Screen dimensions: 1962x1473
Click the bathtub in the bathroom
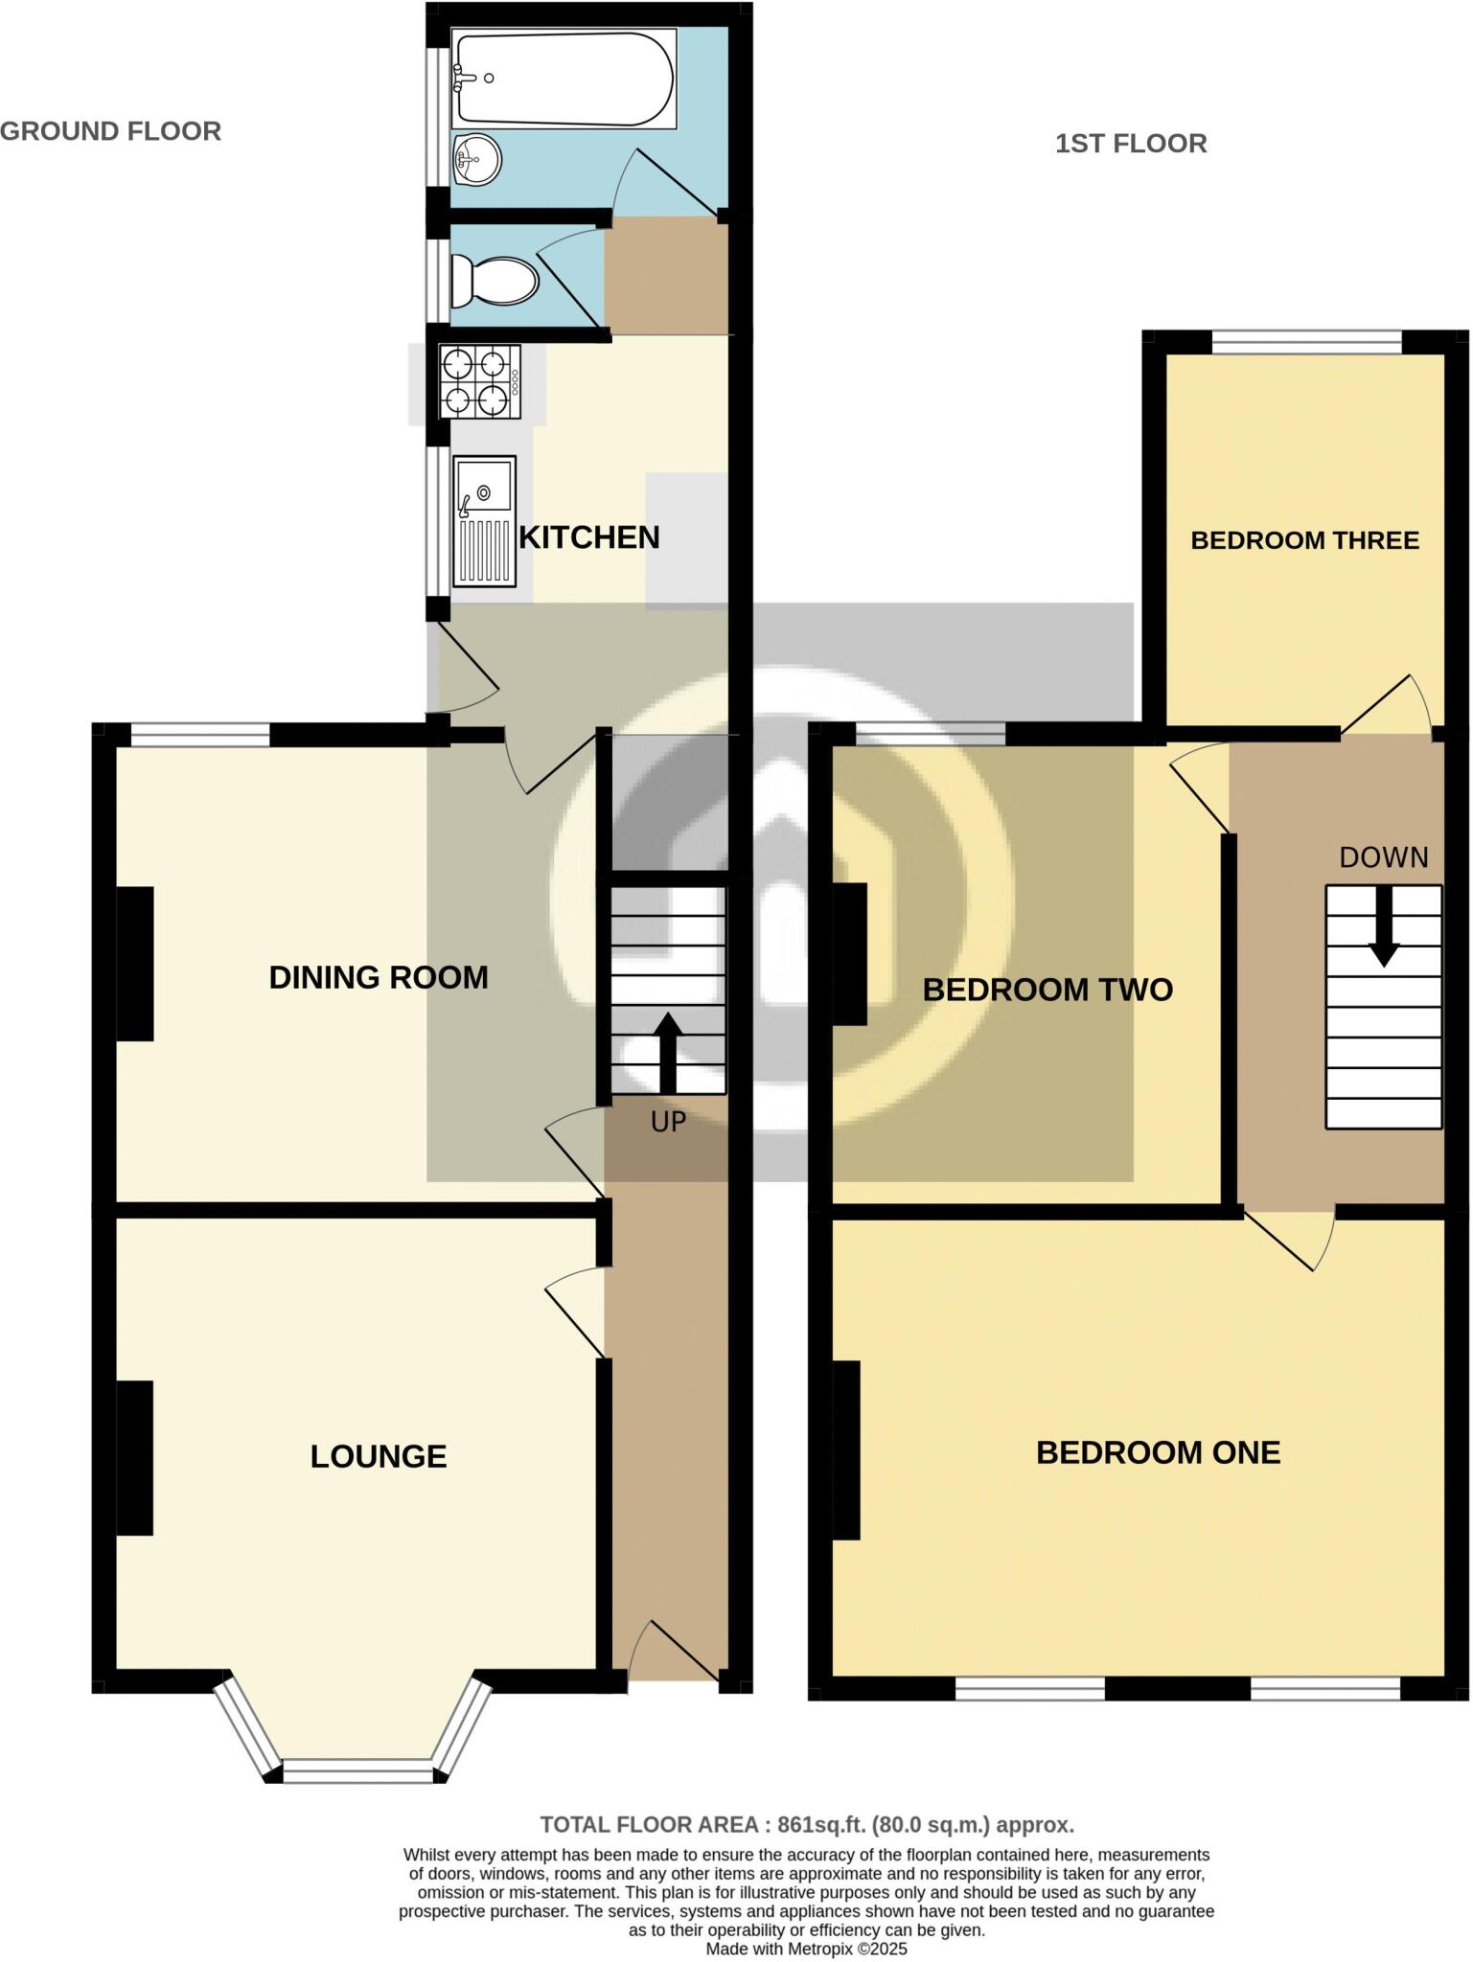pyautogui.click(x=564, y=79)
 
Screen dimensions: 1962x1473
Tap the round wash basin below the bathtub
pyautogui.click(x=476, y=160)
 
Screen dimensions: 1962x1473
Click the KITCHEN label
pyautogui.click(x=589, y=537)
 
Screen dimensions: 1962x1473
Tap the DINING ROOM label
pyautogui.click(x=379, y=977)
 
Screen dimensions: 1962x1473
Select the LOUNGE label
pyautogui.click(x=379, y=1456)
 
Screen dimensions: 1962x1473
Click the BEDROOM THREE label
pyautogui.click(x=1304, y=540)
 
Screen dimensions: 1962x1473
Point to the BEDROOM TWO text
pyautogui.click(x=1047, y=990)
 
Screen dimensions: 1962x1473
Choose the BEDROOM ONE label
pyautogui.click(x=1158, y=1452)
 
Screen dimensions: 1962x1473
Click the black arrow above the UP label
pyautogui.click(x=668, y=1050)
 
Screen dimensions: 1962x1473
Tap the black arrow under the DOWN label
pyautogui.click(x=1383, y=926)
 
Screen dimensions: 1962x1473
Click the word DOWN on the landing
pyautogui.click(x=1383, y=857)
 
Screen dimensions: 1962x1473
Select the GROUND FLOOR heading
pyautogui.click(x=111, y=131)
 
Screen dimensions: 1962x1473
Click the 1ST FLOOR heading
pyautogui.click(x=1131, y=144)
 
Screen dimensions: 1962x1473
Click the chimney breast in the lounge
pyautogui.click(x=135, y=1457)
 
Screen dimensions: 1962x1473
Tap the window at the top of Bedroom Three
pyautogui.click(x=1307, y=342)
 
